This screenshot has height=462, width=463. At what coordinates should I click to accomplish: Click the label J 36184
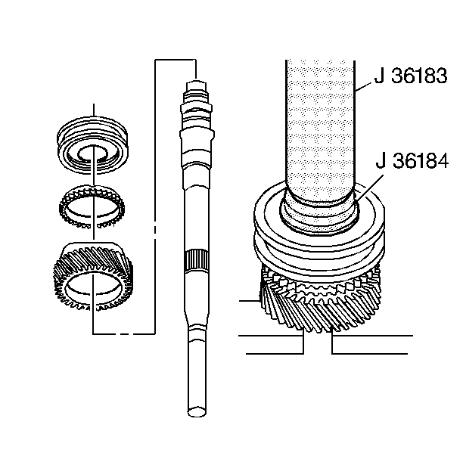tap(412, 161)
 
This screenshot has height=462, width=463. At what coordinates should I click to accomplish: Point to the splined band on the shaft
tap(194, 264)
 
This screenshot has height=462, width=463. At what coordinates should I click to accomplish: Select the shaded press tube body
tap(319, 121)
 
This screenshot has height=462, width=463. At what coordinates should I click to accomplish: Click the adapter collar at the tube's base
tap(319, 212)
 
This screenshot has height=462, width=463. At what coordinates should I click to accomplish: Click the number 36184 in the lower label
tap(420, 161)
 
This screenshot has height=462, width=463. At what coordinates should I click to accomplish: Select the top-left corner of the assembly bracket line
tap(155, 58)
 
